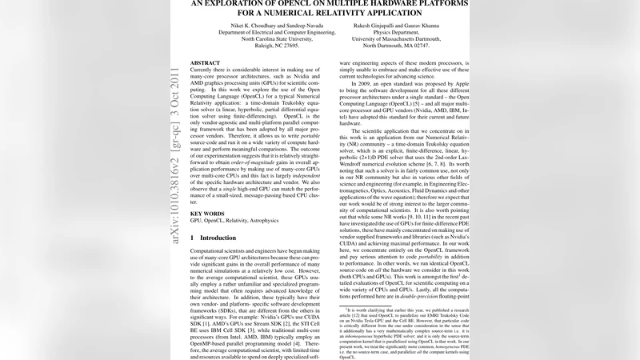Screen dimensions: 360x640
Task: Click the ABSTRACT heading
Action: click(x=206, y=62)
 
